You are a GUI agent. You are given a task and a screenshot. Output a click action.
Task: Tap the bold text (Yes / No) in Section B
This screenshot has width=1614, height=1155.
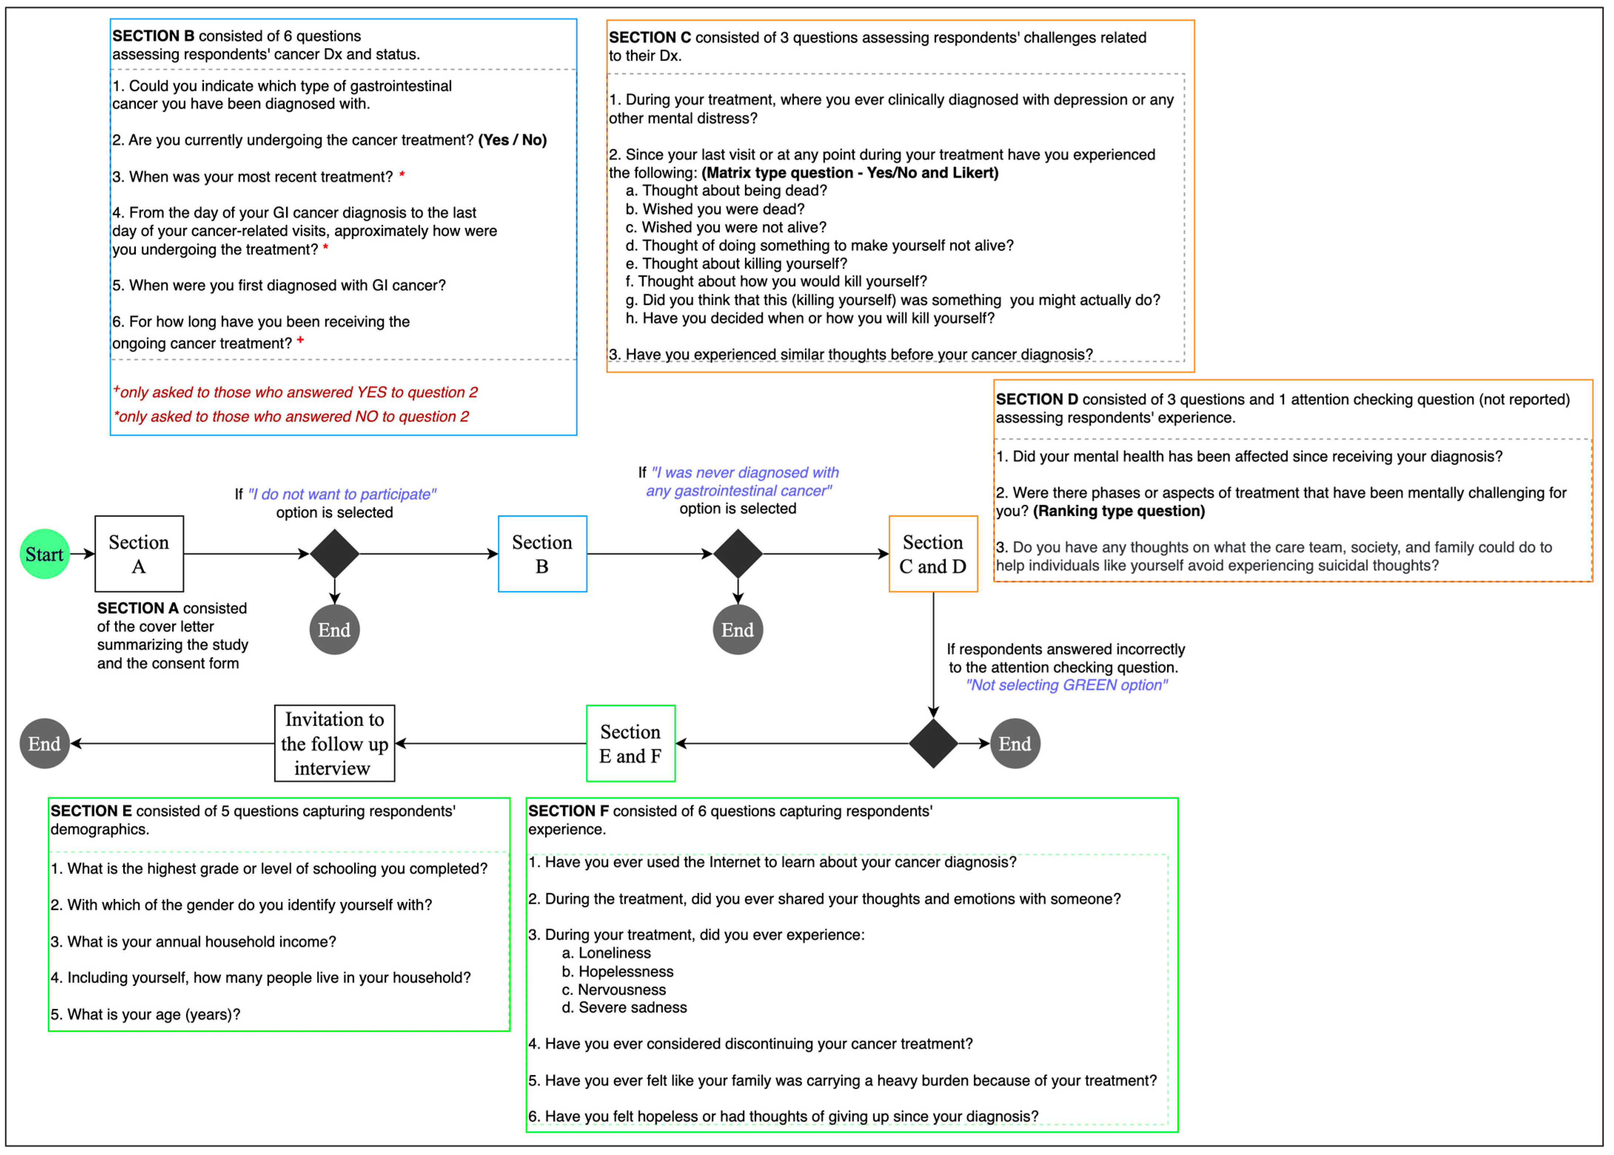(x=512, y=140)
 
